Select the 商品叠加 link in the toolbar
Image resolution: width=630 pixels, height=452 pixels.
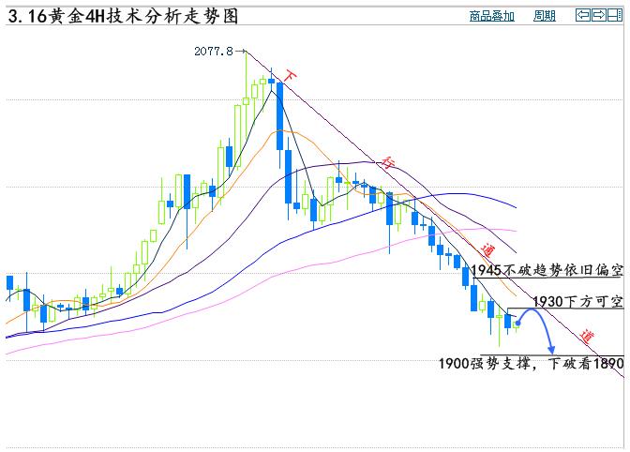tap(491, 16)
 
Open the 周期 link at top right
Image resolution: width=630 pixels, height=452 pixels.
tap(544, 16)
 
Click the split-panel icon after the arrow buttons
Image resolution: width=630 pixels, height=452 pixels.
tap(615, 15)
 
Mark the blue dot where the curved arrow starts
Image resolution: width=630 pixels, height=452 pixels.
tap(517, 324)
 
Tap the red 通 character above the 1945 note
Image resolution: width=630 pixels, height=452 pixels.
tap(487, 250)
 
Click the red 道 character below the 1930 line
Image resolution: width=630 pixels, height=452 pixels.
tap(586, 336)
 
